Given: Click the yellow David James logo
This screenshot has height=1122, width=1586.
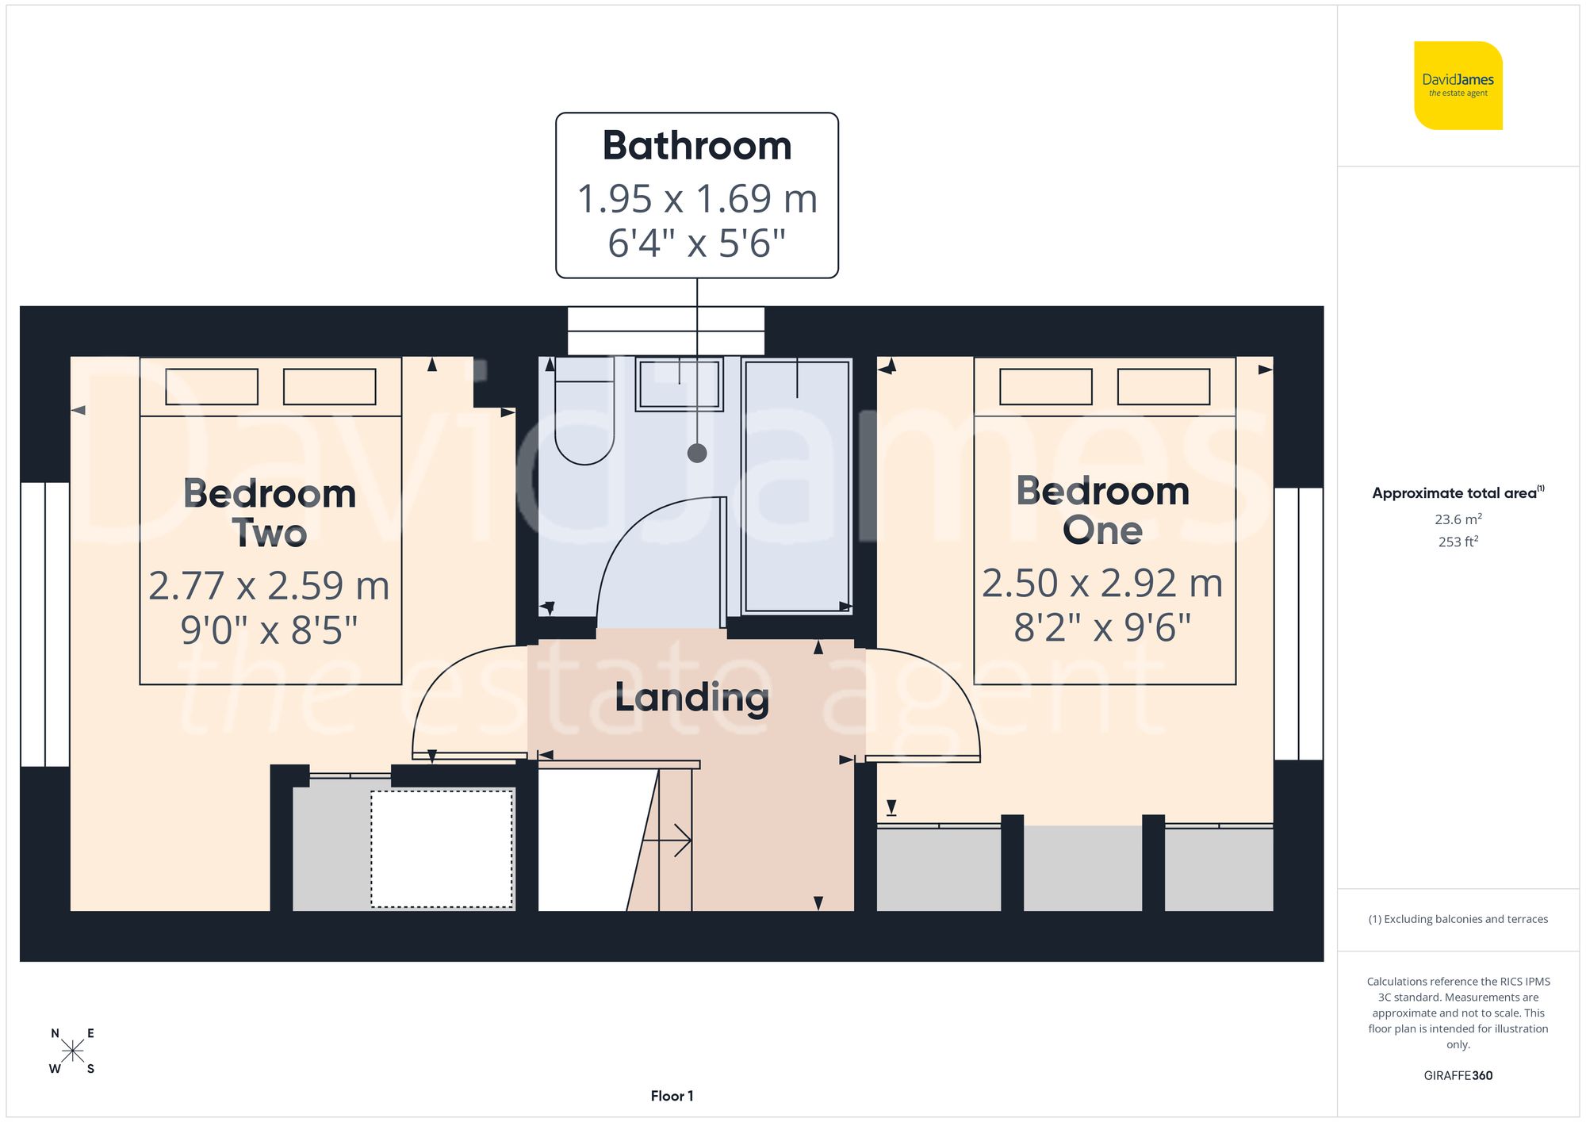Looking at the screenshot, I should point(1458,86).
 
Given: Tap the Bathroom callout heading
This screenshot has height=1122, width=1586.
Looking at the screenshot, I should point(697,146).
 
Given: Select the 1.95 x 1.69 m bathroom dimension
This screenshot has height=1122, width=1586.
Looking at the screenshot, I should point(697,198).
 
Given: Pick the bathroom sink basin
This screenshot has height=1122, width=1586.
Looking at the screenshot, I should point(679,385).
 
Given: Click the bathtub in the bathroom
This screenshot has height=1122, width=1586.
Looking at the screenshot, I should point(797,486).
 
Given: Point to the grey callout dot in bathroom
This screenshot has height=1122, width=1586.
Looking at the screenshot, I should point(697,454).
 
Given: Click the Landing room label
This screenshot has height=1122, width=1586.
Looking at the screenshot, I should point(691,698).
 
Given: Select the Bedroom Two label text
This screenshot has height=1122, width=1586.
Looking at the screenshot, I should point(270,512).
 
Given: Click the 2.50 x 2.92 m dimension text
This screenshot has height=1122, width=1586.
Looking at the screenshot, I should point(1102,584).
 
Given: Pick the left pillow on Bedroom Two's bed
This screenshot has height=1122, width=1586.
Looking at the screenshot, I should point(212,387).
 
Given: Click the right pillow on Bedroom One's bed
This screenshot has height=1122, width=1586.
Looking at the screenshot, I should point(1163,387).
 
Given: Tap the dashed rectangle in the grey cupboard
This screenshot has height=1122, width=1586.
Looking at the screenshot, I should point(442,849).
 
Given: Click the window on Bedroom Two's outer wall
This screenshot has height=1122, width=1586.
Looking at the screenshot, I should point(44,624).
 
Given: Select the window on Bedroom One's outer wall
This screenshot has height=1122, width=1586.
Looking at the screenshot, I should point(1299,624).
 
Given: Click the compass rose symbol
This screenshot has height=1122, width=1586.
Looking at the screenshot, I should point(72,1051).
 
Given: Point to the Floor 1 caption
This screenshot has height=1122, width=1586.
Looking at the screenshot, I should point(672,1096).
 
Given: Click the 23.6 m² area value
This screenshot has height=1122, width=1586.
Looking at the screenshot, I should point(1458,519).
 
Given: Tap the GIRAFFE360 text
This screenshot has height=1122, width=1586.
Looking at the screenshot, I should point(1458,1076).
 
